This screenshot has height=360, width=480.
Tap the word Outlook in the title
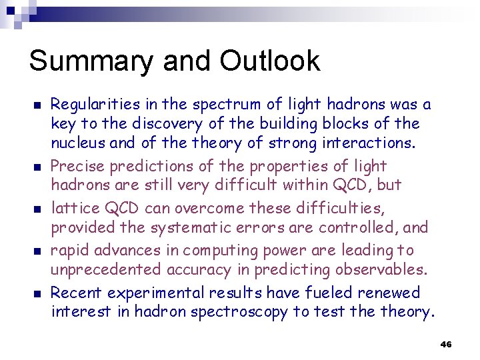point(269,61)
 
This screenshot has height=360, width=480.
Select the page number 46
point(446,344)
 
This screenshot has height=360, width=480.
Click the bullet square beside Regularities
point(37,105)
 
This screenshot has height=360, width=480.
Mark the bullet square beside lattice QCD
point(37,209)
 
